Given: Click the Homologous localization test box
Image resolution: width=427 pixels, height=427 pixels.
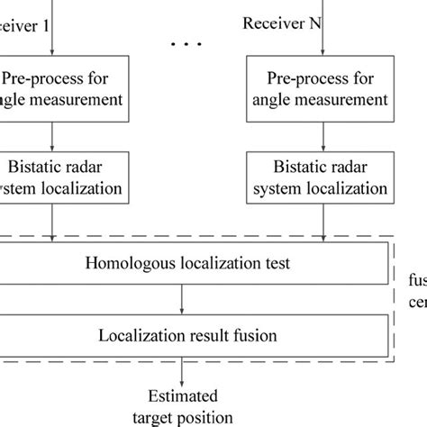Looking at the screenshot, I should click(185, 264).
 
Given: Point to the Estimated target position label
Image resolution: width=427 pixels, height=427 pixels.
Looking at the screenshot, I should click(186, 406).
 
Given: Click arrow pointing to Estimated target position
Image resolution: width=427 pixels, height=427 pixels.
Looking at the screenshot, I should click(185, 370).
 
